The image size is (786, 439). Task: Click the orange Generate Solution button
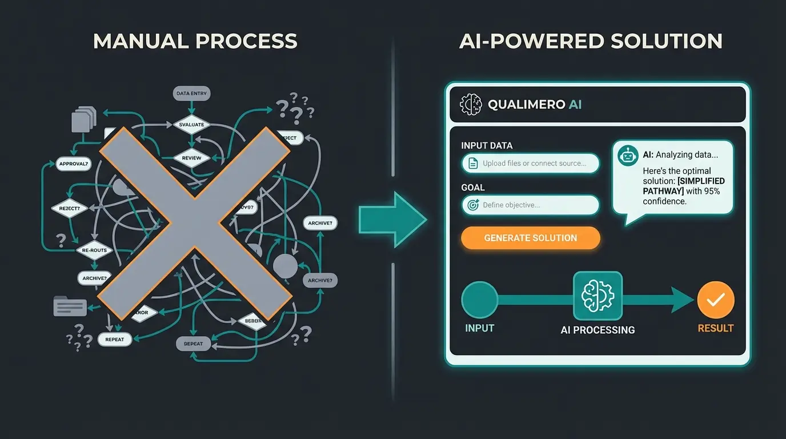tap(530, 238)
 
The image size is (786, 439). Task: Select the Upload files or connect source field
tap(530, 163)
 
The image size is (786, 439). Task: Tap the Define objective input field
tap(530, 205)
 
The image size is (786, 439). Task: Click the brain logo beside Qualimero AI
tap(471, 105)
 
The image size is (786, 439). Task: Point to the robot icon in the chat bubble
tap(629, 155)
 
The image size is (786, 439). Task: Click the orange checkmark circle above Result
tap(715, 300)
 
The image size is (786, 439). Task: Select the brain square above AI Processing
tap(597, 296)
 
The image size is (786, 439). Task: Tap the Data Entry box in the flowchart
tap(192, 93)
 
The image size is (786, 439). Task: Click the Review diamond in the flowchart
tap(192, 158)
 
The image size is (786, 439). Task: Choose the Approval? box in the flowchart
tap(74, 164)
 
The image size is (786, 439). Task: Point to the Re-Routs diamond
tap(95, 250)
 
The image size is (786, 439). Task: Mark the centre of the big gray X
tap(194, 223)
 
